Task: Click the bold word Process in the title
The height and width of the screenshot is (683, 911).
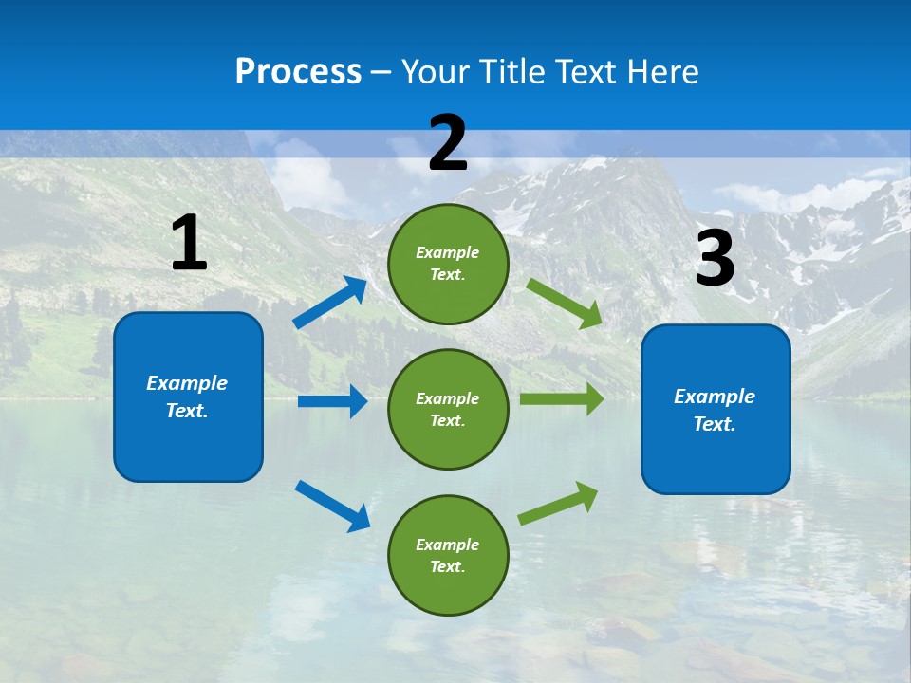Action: click(x=298, y=72)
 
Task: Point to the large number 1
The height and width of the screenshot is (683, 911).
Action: click(x=189, y=244)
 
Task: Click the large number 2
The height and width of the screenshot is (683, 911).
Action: click(x=448, y=143)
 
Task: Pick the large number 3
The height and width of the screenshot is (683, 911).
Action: click(x=715, y=258)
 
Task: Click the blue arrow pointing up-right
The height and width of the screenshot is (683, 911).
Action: click(x=329, y=303)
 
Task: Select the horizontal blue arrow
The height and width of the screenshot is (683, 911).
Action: click(x=331, y=401)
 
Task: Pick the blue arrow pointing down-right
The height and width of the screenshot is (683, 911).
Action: click(x=332, y=505)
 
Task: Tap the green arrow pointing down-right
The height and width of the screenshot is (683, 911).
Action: click(x=564, y=303)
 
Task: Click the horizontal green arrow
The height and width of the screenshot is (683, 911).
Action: click(x=561, y=398)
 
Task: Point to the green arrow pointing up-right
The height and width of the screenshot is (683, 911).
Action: click(x=558, y=504)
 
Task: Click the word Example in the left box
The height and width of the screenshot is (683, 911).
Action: click(x=187, y=383)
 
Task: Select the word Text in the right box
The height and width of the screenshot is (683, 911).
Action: click(x=713, y=424)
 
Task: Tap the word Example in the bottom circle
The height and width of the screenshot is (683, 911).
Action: click(x=447, y=545)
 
